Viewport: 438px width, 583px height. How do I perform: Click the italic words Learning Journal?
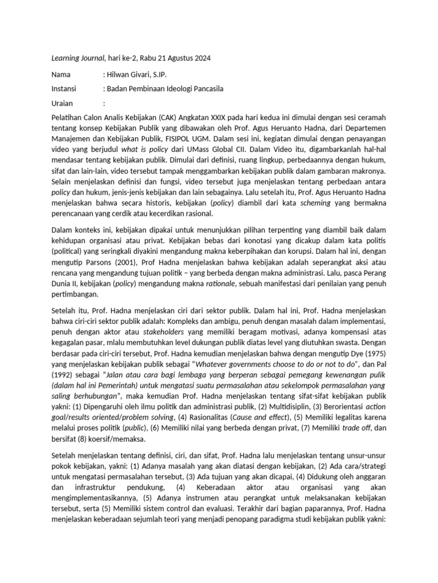point(77,58)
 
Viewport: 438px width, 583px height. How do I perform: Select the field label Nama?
point(61,74)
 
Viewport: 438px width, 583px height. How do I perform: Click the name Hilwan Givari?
point(129,74)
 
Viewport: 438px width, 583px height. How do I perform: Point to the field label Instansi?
point(66,89)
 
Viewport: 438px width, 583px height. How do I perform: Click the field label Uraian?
point(63,104)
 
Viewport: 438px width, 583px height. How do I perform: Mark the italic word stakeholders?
point(164,332)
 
